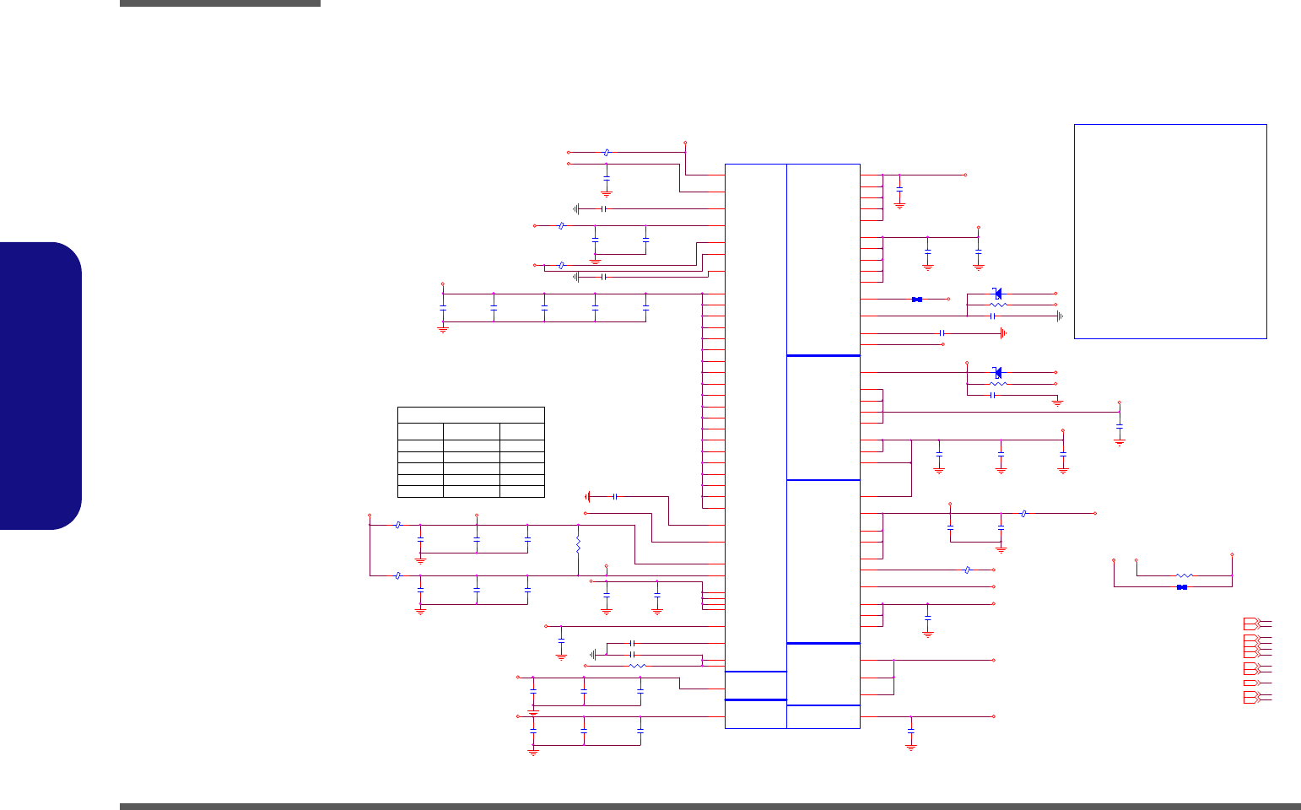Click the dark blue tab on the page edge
40,386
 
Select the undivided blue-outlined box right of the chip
1170,231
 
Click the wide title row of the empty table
471,414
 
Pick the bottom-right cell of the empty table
521,491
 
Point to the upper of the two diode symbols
998,294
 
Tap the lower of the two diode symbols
998,372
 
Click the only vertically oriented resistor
578,545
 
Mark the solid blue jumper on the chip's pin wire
917,300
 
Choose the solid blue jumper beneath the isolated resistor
1182,587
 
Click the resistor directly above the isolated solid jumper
1184,575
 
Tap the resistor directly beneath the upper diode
998,305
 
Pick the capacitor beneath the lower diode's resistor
993,395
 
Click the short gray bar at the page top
220,3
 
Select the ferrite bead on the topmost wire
607,153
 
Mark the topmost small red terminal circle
685,143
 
